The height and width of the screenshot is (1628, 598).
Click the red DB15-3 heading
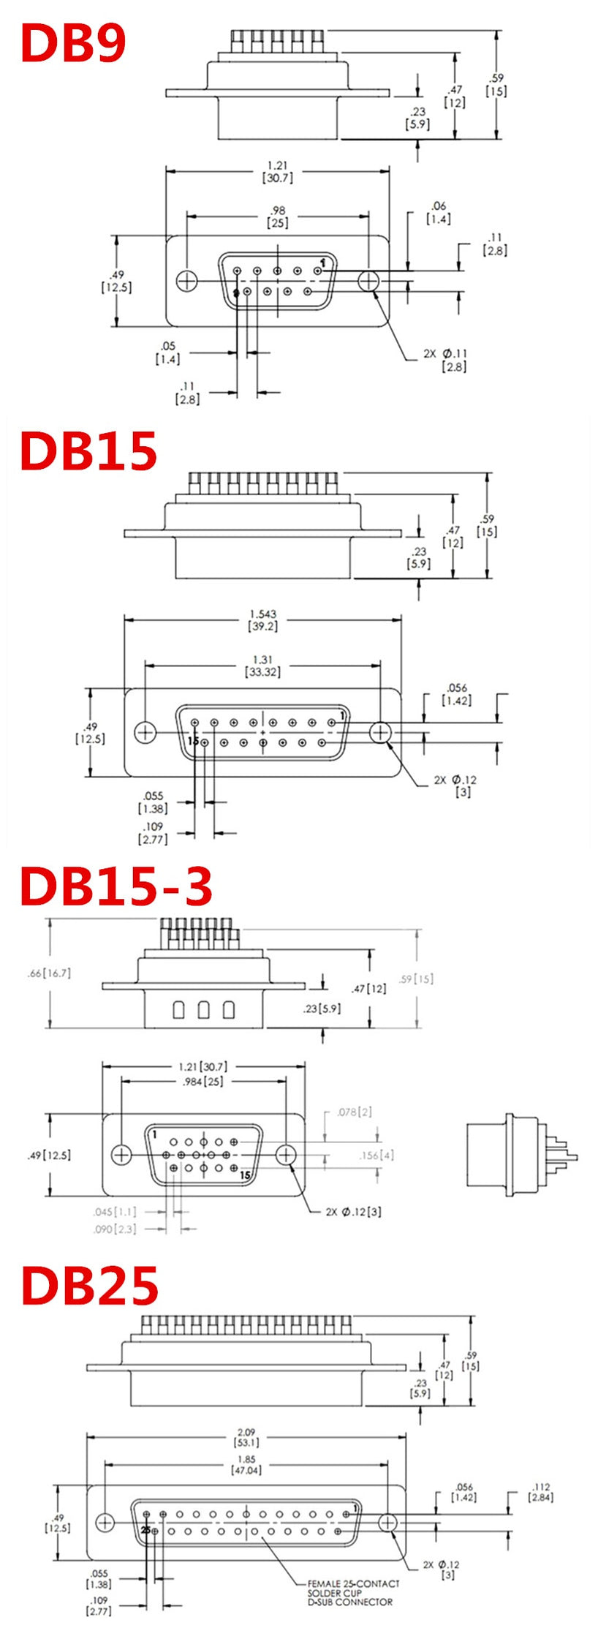[116, 886]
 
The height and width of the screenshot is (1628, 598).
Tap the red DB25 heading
[89, 1286]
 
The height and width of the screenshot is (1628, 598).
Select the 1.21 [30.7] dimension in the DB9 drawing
[277, 172]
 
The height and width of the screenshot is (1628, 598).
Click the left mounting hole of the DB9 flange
[187, 280]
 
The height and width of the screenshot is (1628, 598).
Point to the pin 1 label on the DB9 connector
[323, 261]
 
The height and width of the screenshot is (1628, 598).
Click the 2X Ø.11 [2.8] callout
[445, 360]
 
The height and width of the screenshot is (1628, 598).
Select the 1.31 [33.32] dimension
[262, 666]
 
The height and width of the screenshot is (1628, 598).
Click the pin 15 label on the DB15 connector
[193, 741]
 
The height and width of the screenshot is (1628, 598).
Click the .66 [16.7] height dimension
[49, 973]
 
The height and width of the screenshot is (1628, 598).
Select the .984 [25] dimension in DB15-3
[203, 1081]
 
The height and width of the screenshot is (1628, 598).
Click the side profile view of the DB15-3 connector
[521, 1156]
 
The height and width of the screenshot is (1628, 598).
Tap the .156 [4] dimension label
[376, 1155]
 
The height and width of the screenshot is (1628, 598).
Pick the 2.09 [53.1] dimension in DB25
[246, 1437]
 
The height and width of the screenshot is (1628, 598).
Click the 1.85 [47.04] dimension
[246, 1464]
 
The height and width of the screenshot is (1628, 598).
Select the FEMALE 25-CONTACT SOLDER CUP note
[353, 1592]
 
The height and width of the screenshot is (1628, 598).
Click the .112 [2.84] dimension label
[541, 1492]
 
